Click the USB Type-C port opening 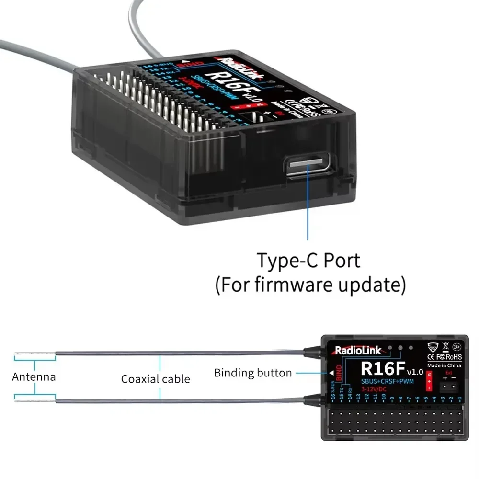click(x=307, y=164)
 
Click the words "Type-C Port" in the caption click(x=308, y=261)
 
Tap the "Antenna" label click(x=34, y=376)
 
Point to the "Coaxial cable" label click(x=155, y=379)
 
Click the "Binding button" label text click(x=252, y=373)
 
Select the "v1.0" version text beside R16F click(x=414, y=372)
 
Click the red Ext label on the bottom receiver click(x=448, y=372)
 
